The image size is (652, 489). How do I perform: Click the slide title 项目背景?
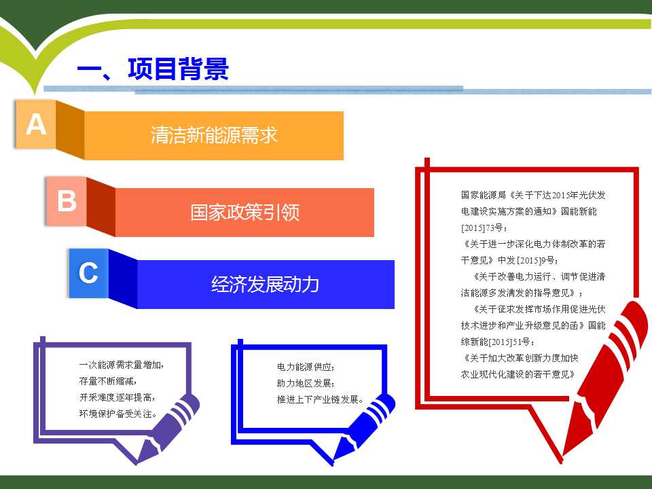click(179, 69)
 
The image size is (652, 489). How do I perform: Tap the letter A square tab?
click(36, 124)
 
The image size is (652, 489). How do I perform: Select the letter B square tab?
click(67, 201)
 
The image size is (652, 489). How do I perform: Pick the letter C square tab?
click(88, 273)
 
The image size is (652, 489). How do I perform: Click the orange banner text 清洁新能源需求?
click(214, 135)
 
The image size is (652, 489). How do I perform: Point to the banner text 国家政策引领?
click(244, 212)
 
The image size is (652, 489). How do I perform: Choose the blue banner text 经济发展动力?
click(266, 285)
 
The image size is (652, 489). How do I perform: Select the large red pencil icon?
click(605, 378)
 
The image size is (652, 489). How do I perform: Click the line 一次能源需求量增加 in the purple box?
click(122, 365)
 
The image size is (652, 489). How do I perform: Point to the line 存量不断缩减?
click(108, 381)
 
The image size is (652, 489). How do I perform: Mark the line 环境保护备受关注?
click(118, 414)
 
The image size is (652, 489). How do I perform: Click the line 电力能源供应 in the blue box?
click(306, 367)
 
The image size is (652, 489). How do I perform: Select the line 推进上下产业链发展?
click(320, 399)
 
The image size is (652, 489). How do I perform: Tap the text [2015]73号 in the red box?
click(484, 228)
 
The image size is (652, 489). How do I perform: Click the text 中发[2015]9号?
click(528, 260)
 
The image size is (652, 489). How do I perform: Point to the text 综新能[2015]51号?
click(498, 342)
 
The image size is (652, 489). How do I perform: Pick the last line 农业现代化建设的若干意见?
click(518, 374)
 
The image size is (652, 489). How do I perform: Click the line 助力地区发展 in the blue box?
click(306, 383)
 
